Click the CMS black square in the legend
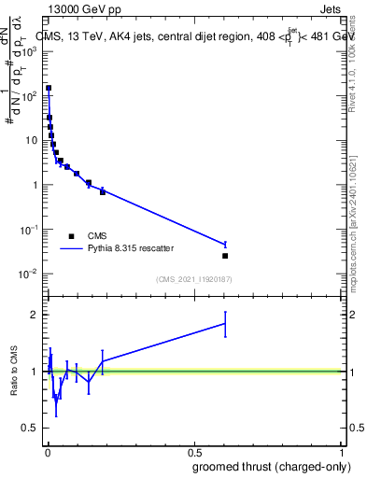71,236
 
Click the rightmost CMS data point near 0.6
225,256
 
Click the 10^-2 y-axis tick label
29,274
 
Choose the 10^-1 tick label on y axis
29,229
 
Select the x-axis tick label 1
344,452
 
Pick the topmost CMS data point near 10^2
49,88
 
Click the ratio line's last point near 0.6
225,324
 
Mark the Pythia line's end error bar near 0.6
225,245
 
